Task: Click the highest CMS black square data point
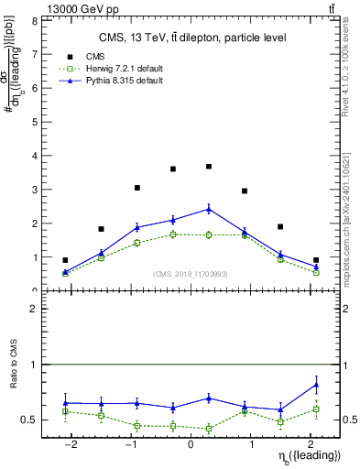click(209, 167)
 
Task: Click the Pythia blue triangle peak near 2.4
click(209, 209)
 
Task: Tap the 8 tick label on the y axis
click(34, 20)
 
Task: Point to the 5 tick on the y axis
click(34, 122)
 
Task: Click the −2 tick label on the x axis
click(71, 445)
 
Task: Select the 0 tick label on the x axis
click(190, 445)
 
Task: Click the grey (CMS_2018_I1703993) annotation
click(191, 273)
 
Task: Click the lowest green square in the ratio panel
click(209, 429)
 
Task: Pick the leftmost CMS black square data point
click(65, 260)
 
